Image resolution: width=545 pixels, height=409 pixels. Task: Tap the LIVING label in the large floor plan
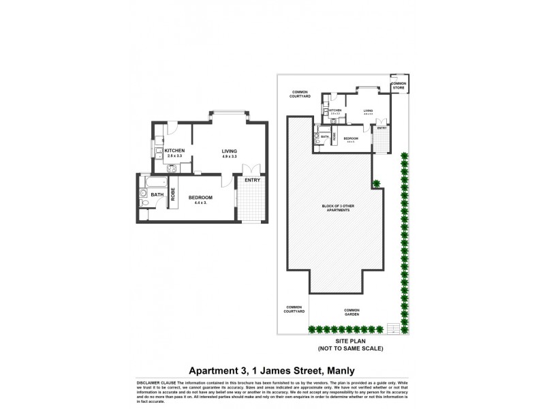click(229, 151)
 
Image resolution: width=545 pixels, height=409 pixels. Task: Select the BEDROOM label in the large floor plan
click(201, 198)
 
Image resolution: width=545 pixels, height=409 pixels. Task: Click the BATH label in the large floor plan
click(157, 195)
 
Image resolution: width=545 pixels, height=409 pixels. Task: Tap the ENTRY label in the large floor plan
click(253, 180)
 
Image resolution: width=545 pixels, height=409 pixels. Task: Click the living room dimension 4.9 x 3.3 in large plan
click(229, 157)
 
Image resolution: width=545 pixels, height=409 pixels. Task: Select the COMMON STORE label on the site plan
click(397, 85)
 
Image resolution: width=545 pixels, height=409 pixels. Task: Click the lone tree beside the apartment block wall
click(375, 183)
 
